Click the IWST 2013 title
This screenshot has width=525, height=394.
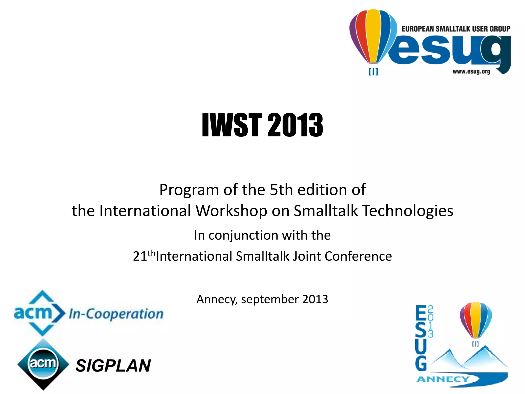(x=262, y=125)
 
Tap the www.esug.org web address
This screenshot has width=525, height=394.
(x=471, y=72)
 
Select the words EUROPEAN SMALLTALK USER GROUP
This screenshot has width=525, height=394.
(x=456, y=29)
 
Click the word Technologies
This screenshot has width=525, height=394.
(x=408, y=211)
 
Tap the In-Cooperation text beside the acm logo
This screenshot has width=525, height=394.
(x=116, y=314)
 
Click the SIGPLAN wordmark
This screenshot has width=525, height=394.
(x=113, y=366)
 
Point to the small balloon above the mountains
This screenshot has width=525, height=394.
(x=476, y=319)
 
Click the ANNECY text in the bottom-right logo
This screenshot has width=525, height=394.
(x=443, y=379)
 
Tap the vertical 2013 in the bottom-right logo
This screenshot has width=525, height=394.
(x=430, y=321)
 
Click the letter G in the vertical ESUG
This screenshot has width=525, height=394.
(x=421, y=363)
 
